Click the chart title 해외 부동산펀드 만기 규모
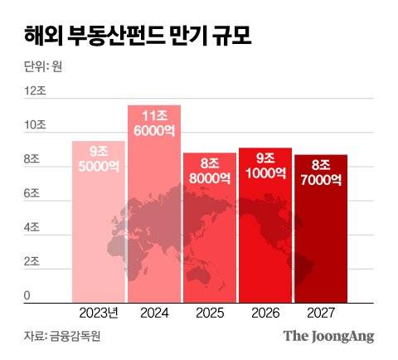pyautogui.click(x=133, y=37)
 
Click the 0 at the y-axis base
pyautogui.click(x=27, y=295)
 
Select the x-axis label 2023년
pyautogui.click(x=99, y=314)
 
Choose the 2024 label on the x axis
pyautogui.click(x=153, y=314)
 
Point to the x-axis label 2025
pyautogui.click(x=209, y=314)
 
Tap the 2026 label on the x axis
pyautogui.click(x=265, y=314)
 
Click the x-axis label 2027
pyautogui.click(x=320, y=314)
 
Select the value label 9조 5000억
pyautogui.click(x=99, y=158)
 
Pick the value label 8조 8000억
pyautogui.click(x=209, y=170)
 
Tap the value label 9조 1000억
pyautogui.click(x=265, y=166)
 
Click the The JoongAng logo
pyautogui.click(x=328, y=336)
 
